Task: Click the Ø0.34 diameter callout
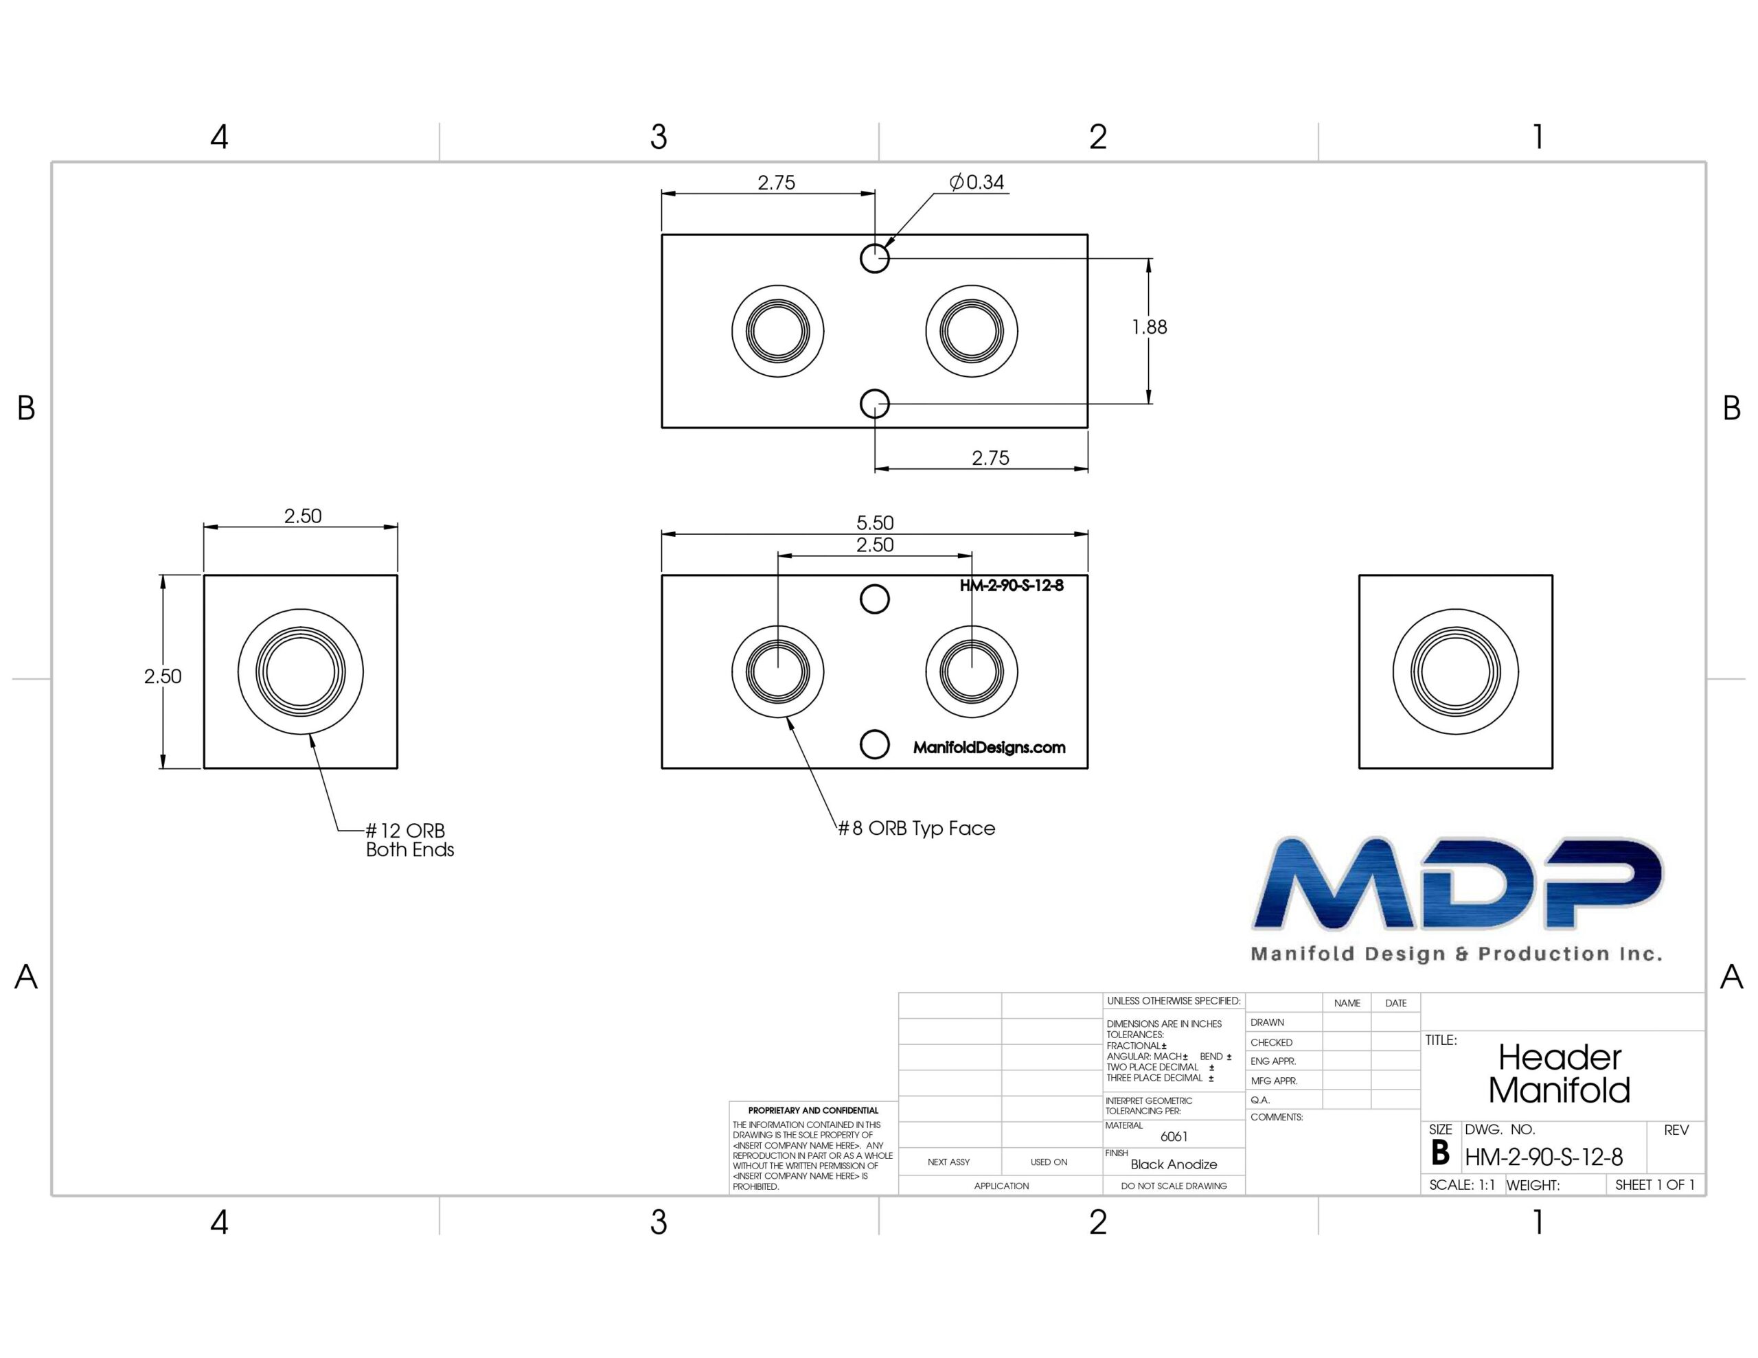pos(977,183)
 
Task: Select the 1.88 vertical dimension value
pos(1149,327)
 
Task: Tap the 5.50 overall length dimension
pos(875,522)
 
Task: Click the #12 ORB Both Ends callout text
pos(410,840)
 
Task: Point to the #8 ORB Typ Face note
pos(917,828)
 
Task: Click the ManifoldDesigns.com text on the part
pos(990,747)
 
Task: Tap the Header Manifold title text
pos(1559,1074)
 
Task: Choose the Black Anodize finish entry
pos(1174,1164)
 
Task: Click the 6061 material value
pos(1174,1137)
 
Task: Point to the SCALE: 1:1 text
pos(1462,1185)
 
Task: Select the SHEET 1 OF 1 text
pos(1655,1185)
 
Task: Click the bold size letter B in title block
pos(1440,1153)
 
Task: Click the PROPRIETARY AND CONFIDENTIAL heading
pos(813,1110)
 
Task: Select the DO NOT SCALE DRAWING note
pos(1174,1186)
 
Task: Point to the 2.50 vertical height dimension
pos(163,676)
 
